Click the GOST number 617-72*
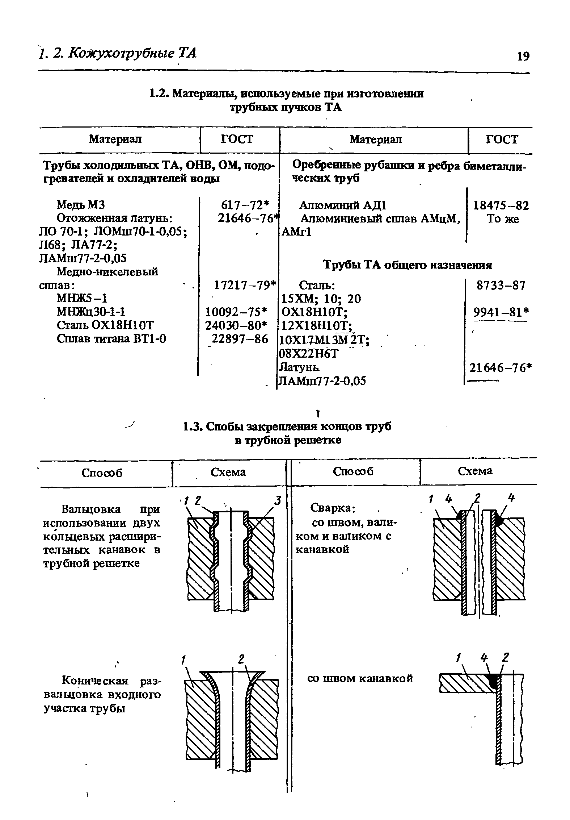pyautogui.click(x=246, y=205)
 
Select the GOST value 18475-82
pyautogui.click(x=501, y=206)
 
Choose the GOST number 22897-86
pyautogui.click(x=240, y=339)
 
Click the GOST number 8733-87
pyautogui.click(x=501, y=286)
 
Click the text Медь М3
pyautogui.click(x=81, y=205)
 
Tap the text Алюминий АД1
pyautogui.click(x=343, y=205)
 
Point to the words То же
pyautogui.click(x=503, y=219)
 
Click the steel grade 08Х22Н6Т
pyautogui.click(x=310, y=353)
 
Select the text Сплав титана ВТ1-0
pyautogui.click(x=111, y=339)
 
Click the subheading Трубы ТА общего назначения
pyautogui.click(x=407, y=265)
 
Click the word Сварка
pyautogui.click(x=332, y=508)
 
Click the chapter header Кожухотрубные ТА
pyautogui.click(x=132, y=53)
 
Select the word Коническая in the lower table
pyautogui.click(x=95, y=681)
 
